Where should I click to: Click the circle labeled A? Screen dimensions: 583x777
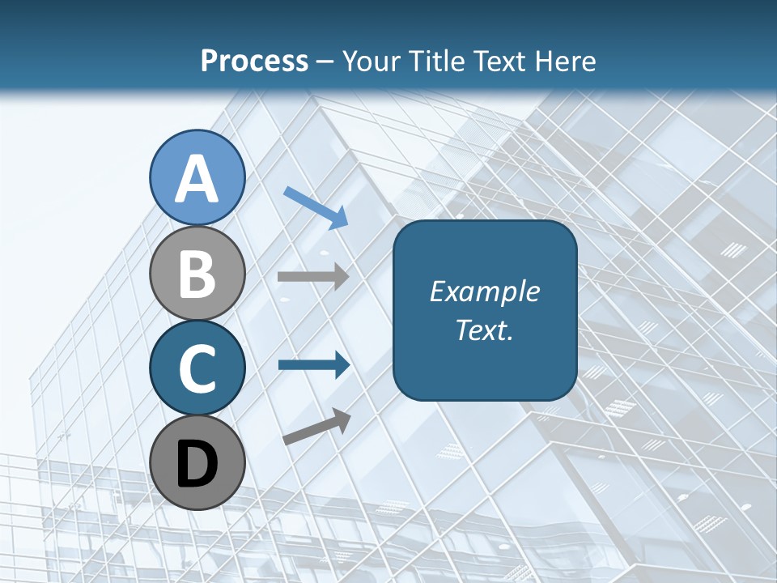197,177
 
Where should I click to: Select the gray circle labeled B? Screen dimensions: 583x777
197,273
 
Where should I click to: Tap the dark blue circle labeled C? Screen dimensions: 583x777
197,368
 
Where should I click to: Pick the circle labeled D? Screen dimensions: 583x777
197,462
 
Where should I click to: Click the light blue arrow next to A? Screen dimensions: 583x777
316,206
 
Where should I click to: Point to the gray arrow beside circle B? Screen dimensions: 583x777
313,276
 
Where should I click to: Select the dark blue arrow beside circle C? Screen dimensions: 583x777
313,364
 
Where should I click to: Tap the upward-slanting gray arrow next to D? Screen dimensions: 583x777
316,427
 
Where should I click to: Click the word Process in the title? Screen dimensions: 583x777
254,61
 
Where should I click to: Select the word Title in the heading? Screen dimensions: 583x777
435,61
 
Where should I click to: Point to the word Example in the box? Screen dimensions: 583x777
484,291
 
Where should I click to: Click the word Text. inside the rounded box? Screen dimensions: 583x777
484,330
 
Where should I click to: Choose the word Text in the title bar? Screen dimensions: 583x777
500,61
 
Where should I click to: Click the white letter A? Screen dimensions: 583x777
197,179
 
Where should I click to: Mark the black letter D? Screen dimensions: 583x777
197,464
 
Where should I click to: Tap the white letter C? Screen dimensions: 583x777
197,368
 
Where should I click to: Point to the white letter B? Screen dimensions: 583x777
197,274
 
